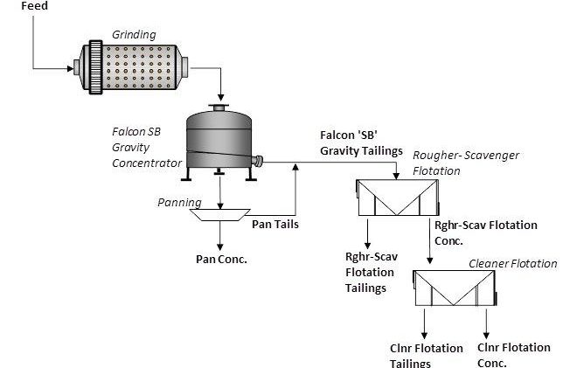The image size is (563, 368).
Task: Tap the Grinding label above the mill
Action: coord(134,35)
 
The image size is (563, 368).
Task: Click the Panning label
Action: coord(179,202)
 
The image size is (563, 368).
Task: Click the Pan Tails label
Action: coord(276,224)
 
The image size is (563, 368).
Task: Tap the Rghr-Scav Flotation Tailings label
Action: coord(372,272)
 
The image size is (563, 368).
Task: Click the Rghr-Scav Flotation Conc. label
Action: coord(486,233)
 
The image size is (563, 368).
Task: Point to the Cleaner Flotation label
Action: coord(512,263)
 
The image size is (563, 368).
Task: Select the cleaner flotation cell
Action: coord(455,288)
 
